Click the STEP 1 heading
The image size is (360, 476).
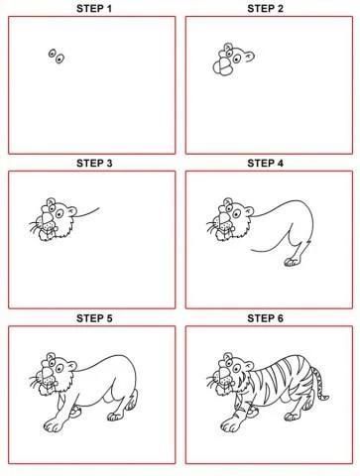tap(94, 8)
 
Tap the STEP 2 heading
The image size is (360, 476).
tap(265, 8)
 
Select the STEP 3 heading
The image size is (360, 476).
tap(94, 163)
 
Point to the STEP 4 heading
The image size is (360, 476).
tap(265, 163)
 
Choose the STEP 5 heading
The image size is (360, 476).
tap(94, 318)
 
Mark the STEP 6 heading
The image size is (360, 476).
tap(265, 318)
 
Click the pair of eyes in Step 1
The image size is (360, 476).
tap(57, 57)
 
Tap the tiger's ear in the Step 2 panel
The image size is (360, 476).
tap(250, 57)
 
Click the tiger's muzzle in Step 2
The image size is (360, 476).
tap(223, 66)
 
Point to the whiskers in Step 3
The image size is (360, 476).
tap(35, 226)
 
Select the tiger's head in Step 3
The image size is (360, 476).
tap(55, 219)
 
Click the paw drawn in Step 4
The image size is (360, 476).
tap(292, 262)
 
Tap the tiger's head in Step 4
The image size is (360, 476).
tap(231, 219)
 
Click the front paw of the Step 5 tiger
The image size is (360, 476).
tap(53, 425)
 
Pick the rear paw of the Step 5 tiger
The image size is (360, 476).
tap(115, 416)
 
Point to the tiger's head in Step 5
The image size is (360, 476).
tap(54, 374)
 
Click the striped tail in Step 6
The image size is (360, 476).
tap(320, 384)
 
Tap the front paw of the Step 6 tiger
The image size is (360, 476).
tap(230, 425)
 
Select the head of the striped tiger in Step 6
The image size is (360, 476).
tap(231, 374)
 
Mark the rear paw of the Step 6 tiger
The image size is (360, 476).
tap(293, 416)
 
